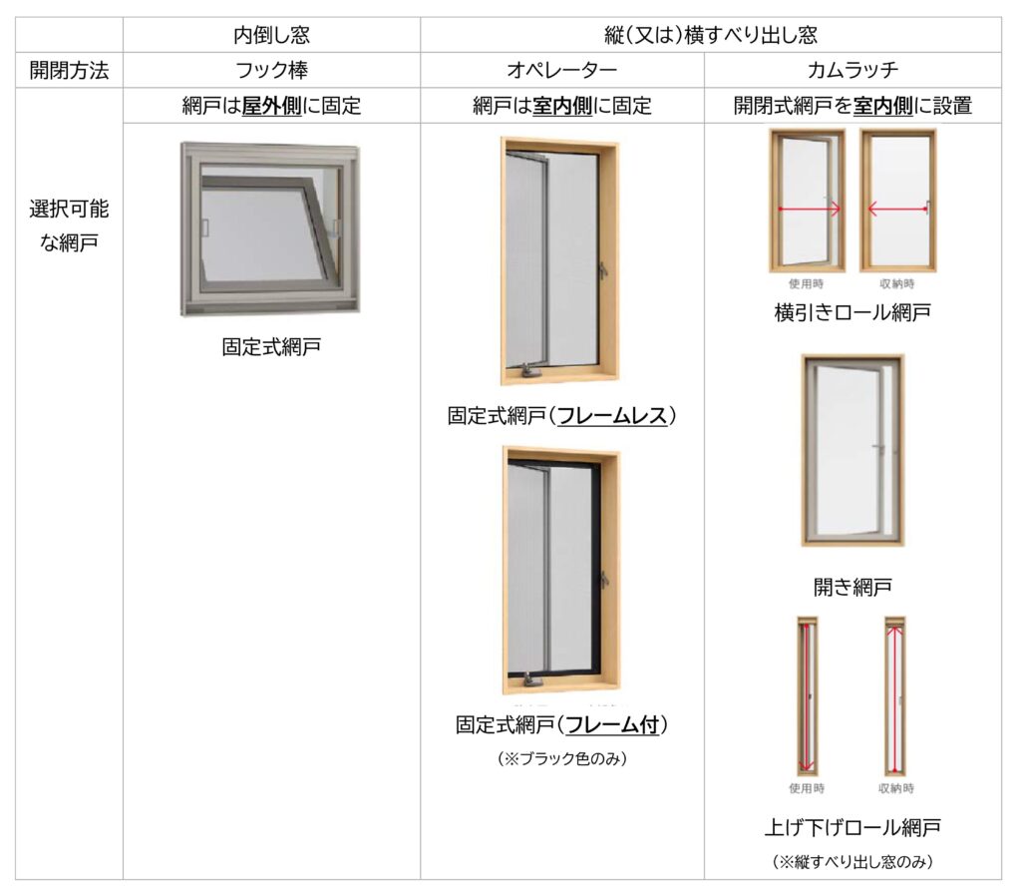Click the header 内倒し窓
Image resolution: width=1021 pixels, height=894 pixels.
(271, 35)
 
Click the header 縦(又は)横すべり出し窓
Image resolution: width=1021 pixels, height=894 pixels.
(710, 35)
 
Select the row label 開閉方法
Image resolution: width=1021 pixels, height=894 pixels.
(69, 70)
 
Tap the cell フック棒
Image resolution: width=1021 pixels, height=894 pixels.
(271, 70)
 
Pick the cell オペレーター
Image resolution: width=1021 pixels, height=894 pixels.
(561, 70)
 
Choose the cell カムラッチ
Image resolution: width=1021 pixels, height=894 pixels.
(852, 70)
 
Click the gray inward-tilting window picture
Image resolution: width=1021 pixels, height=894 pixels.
(270, 228)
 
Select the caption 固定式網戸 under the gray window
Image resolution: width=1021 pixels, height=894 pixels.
(271, 347)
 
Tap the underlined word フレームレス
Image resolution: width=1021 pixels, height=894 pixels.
(611, 415)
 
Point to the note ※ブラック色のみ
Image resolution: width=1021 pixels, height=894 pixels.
(561, 758)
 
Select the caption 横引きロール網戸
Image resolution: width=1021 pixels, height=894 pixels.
(852, 312)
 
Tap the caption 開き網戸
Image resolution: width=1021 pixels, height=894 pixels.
(852, 586)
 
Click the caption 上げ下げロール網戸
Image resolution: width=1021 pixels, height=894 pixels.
(852, 827)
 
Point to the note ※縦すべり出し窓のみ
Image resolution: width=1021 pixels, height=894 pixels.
(852, 860)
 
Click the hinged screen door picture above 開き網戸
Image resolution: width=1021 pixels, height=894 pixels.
(852, 450)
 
